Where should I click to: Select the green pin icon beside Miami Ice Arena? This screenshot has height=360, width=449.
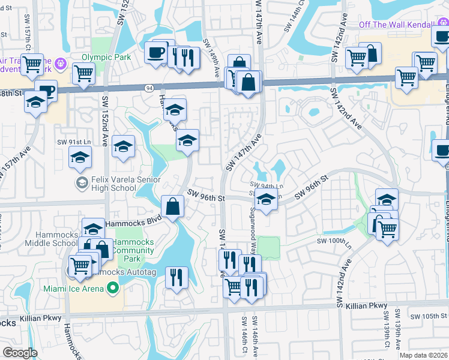click(x=112, y=289)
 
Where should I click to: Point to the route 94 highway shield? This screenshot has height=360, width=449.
click(x=148, y=88)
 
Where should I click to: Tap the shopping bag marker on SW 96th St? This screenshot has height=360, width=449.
click(x=172, y=206)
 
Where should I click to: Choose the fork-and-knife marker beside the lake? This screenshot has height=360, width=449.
click(x=176, y=277)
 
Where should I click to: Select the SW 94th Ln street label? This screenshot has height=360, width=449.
click(x=266, y=184)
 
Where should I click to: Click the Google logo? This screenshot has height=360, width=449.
click(x=20, y=352)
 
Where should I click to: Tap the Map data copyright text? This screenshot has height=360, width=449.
click(x=424, y=355)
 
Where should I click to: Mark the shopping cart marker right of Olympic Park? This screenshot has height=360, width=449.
click(x=83, y=73)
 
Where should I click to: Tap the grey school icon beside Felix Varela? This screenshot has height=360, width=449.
click(x=82, y=181)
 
